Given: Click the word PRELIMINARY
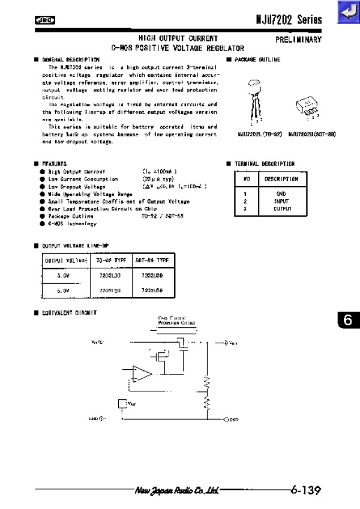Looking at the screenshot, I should click(298, 39).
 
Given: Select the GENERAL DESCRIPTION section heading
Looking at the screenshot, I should click(70, 60).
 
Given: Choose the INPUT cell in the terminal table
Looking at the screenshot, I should click(281, 202).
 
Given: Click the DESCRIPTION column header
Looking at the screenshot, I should click(281, 179).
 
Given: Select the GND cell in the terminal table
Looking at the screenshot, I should click(281, 194).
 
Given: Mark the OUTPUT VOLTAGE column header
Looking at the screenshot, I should click(65, 261).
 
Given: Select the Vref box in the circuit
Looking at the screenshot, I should click(124, 403).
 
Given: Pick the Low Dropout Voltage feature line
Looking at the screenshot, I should click(77, 187).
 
